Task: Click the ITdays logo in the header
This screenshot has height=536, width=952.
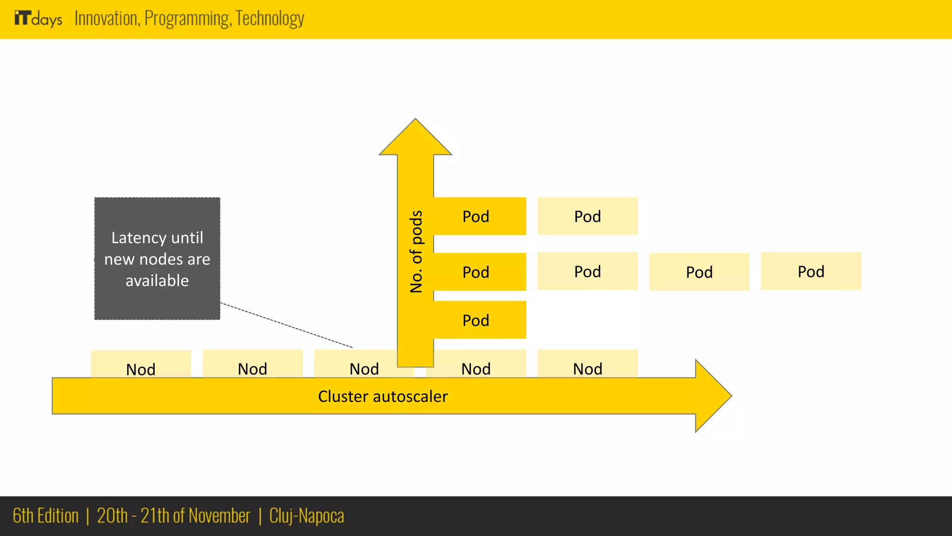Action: [38, 19]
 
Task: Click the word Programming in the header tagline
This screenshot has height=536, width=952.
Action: [187, 19]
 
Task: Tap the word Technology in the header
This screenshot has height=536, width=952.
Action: [270, 19]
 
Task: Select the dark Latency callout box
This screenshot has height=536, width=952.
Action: [157, 259]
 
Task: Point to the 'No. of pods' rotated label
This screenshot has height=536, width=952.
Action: [416, 251]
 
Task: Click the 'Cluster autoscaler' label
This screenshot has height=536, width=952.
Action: [383, 396]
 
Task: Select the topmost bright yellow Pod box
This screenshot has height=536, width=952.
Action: [479, 216]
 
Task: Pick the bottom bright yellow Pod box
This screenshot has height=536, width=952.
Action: [479, 320]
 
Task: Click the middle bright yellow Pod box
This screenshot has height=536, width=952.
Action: [479, 272]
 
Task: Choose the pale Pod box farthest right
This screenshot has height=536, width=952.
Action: [811, 271]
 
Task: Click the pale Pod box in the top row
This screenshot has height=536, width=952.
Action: [587, 216]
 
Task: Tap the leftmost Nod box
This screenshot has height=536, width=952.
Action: [141, 365]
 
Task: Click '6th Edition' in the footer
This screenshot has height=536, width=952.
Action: [46, 516]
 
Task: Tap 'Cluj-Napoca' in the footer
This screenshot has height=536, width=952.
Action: [306, 516]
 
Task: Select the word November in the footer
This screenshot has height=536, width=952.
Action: [219, 516]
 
